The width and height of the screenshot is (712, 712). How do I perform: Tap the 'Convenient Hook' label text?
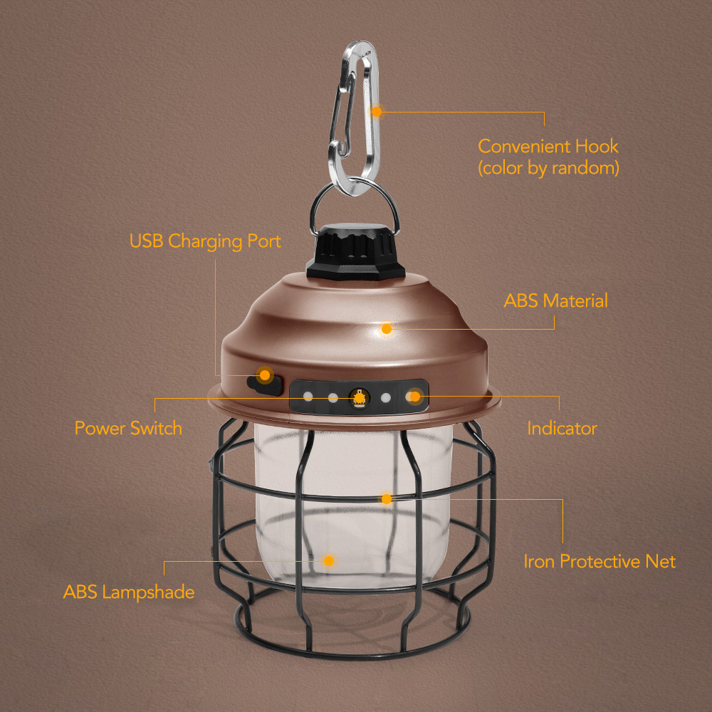coord(548,147)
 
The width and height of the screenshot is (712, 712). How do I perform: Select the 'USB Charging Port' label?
coord(205,241)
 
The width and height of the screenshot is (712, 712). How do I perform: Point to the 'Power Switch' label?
coord(128,428)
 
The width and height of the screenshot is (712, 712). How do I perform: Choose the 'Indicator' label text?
coord(562,428)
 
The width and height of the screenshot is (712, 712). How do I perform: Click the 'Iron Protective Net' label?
coord(600,561)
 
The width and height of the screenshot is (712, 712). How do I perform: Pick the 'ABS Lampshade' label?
coord(128,592)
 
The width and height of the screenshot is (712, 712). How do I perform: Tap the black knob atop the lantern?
coord(355,253)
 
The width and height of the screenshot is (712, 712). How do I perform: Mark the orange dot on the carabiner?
coord(377,112)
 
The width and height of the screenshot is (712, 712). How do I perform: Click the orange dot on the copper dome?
coord(387,328)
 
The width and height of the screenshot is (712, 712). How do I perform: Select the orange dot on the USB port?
coord(265,375)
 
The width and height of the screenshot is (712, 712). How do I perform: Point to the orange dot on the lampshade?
coord(329,560)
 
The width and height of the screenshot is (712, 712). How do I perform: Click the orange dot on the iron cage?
coord(387,498)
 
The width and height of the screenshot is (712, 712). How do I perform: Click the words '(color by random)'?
coord(548,169)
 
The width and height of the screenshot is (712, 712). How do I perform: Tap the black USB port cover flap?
coord(262,384)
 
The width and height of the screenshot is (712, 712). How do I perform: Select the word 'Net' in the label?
coord(660,561)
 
